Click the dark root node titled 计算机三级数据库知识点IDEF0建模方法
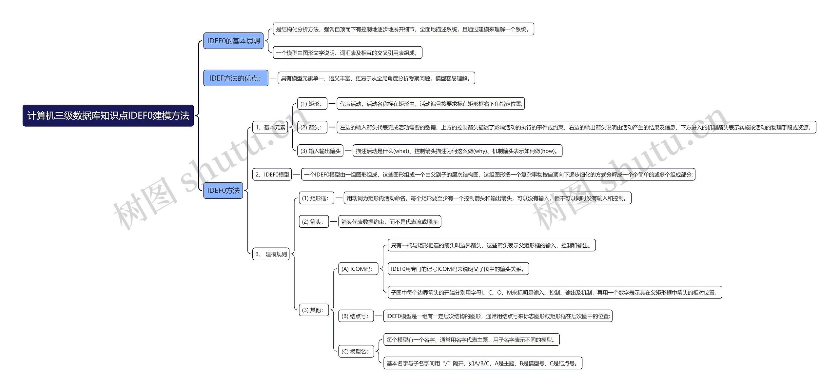click(x=108, y=115)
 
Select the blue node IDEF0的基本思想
click(x=233, y=41)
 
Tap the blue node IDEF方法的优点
click(x=236, y=78)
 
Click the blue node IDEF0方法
click(x=223, y=191)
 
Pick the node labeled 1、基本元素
click(x=270, y=127)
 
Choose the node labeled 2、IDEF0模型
click(x=272, y=175)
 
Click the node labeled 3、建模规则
click(x=271, y=254)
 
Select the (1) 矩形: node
click(x=312, y=104)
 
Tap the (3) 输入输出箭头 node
click(x=320, y=151)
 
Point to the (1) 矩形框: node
click(x=316, y=198)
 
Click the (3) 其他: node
click(x=314, y=310)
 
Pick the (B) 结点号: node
click(x=356, y=316)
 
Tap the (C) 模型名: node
click(x=356, y=352)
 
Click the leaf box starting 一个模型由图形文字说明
click(x=348, y=53)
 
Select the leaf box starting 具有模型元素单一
click(x=377, y=78)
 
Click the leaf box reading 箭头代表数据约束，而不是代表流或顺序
click(x=390, y=222)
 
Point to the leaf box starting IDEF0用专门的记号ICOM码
click(x=459, y=269)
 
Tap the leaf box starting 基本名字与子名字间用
click(x=483, y=363)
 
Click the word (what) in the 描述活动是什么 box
click(x=401, y=151)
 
